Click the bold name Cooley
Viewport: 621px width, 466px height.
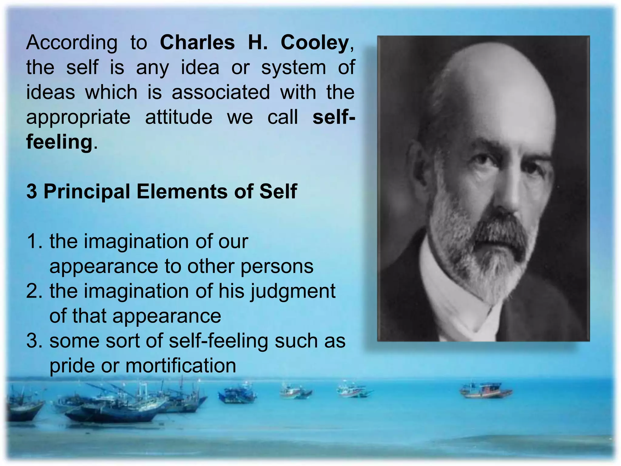tap(315, 43)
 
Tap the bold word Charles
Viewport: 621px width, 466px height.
tap(197, 42)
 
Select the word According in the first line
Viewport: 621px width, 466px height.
tap(72, 43)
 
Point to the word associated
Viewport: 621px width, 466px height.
tap(221, 92)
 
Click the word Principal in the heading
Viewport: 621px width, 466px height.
tap(87, 191)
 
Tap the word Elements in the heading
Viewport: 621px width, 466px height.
tap(182, 191)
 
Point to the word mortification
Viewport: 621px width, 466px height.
tap(181, 366)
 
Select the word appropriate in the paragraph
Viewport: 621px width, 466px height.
tap(79, 118)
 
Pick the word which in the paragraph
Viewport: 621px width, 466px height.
tap(111, 92)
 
